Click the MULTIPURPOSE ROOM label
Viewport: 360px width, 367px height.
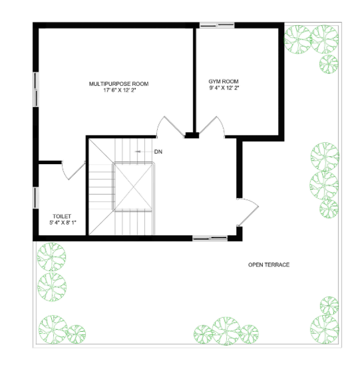(x=118, y=84)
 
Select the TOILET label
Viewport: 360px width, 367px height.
(x=61, y=216)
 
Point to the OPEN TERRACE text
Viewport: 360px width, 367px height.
(x=269, y=265)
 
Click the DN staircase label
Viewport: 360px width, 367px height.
(x=158, y=152)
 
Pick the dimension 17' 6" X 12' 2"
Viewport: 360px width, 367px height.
(x=118, y=91)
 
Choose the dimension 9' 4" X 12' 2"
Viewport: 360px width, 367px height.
(x=224, y=87)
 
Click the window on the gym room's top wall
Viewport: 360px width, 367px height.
(x=217, y=25)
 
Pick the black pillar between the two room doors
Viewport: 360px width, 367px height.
(x=192, y=136)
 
